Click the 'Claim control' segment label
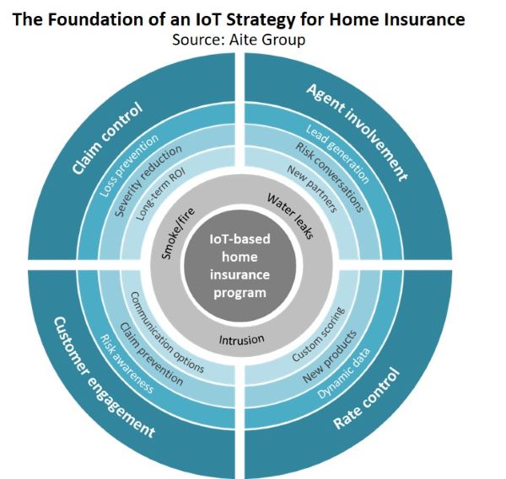point(107,138)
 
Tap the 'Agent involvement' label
point(358,132)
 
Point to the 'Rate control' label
point(367,398)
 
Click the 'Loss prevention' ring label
point(129,166)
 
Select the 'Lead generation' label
point(336,154)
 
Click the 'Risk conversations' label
point(330,178)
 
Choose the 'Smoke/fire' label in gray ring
point(178,233)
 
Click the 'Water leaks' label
point(290,216)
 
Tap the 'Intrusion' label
point(242,339)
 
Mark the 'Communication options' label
point(167,333)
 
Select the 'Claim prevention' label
point(151,354)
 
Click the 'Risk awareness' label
point(127,364)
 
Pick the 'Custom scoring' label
point(318,334)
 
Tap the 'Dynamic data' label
point(343,373)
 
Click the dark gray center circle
point(240,266)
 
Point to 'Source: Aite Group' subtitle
point(239,40)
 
